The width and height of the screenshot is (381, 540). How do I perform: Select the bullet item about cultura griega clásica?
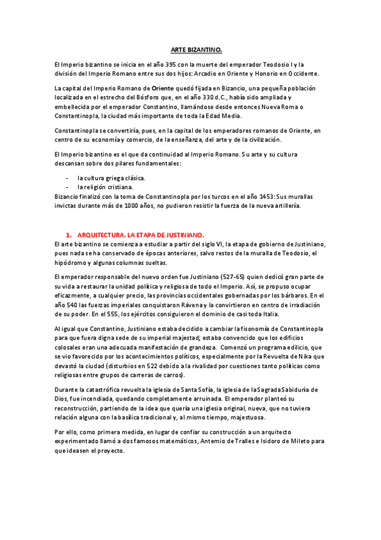click(x=111, y=178)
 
